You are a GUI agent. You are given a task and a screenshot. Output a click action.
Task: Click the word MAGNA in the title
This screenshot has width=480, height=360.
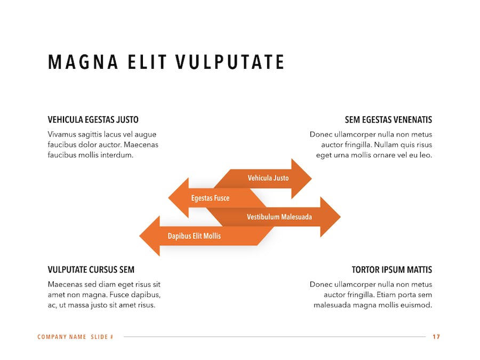83,62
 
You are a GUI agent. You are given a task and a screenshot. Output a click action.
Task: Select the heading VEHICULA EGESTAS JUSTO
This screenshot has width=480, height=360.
93,119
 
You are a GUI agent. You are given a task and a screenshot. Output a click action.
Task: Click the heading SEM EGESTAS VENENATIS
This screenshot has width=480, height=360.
388,119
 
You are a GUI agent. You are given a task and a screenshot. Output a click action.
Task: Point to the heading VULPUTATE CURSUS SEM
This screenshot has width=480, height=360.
91,270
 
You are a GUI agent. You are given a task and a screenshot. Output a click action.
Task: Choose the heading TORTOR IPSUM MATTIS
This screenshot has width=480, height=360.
392,270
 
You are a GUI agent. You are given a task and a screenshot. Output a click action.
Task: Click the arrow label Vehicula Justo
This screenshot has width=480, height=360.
268,178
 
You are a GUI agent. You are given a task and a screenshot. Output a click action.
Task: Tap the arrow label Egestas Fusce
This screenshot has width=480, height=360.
210,198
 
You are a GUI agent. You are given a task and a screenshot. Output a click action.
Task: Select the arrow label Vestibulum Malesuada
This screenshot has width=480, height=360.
279,217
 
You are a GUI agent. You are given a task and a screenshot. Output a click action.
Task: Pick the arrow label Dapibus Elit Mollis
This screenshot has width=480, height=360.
194,236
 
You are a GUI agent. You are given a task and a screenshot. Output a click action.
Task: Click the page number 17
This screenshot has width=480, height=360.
436,337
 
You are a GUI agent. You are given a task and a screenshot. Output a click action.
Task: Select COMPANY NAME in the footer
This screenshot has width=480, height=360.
61,337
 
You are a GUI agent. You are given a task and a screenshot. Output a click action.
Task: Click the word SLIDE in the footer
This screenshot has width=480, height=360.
100,337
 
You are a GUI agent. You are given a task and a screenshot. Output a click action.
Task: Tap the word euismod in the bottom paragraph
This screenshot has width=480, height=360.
418,305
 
